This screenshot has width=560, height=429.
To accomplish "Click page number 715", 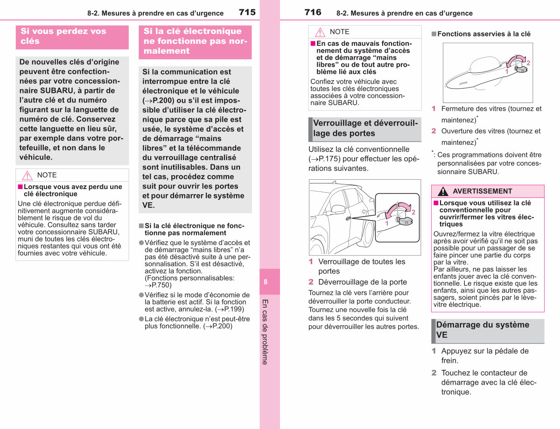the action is pos(247,12).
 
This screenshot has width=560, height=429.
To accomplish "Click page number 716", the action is pos(313,12).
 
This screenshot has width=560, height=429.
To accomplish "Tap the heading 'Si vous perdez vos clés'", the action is pos(63,36).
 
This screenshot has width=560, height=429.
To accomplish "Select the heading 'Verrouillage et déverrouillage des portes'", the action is pos(365,128).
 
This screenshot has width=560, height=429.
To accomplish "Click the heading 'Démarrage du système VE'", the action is pos(483,330).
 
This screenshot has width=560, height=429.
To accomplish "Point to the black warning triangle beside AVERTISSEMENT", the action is pos(443,191).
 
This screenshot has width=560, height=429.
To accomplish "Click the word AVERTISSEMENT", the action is pos(483,191).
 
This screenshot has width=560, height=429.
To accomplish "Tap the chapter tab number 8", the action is pos(266,282).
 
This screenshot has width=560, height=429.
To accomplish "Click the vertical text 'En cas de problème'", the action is pos(265,332).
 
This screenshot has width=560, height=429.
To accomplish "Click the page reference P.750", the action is pos(158,285).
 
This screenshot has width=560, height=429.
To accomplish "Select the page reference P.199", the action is pos(230,309).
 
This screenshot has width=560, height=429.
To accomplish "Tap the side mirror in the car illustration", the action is pos(338,209).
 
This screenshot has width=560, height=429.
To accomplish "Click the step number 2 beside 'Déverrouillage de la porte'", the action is pos(311,282).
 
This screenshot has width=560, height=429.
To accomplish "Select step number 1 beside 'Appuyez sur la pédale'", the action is pos(434,351).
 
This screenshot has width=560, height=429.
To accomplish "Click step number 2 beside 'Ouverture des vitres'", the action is pos(434,131).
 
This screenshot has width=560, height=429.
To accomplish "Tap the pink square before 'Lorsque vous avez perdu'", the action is pos(20,187).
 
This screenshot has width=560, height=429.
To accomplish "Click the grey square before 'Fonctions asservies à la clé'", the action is pos(434,34).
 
